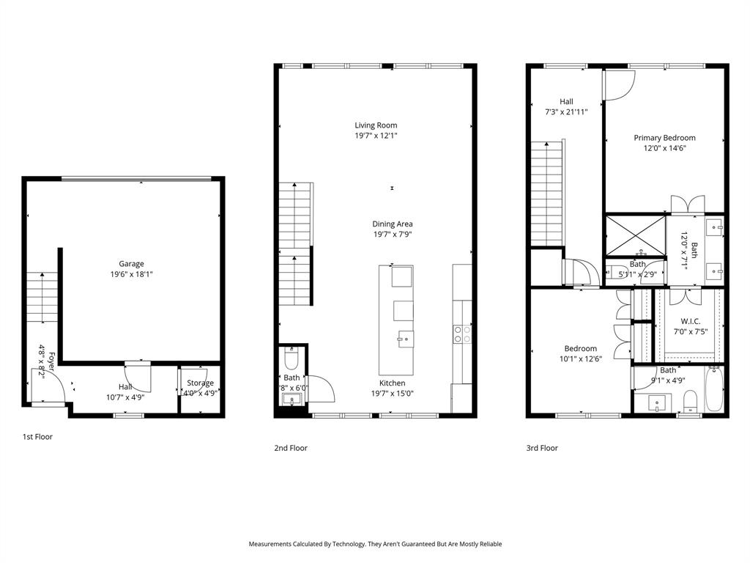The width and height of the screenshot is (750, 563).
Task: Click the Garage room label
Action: [132, 264]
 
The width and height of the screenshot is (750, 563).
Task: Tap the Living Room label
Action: [376, 125]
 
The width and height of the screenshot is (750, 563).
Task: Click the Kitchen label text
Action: [392, 383]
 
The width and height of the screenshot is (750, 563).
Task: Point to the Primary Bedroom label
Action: [664, 138]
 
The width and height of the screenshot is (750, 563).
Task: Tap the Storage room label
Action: [200, 383]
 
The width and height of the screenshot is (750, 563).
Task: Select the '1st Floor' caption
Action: [37, 437]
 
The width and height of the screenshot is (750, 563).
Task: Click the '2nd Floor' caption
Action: [291, 448]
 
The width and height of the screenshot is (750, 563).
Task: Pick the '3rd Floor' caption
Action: [542, 448]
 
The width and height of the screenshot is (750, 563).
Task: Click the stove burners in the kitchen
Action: [462, 334]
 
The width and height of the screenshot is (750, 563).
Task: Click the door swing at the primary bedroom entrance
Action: [617, 85]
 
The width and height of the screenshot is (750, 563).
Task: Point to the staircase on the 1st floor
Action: [41, 296]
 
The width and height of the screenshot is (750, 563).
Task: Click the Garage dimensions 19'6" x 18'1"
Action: [132, 274]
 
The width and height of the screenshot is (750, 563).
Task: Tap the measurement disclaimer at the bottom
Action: [375, 544]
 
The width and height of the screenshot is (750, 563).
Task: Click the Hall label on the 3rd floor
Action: [566, 102]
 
